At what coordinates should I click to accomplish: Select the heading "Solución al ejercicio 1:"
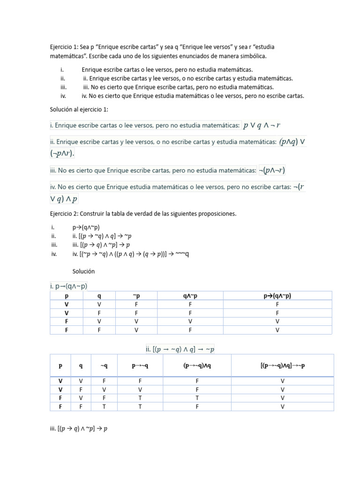pyautogui.click(x=79, y=109)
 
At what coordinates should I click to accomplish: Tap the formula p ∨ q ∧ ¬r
pyautogui.click(x=262, y=125)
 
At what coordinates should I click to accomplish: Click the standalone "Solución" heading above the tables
pyautogui.click(x=83, y=271)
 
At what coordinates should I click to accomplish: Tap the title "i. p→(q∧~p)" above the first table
pyautogui.click(x=68, y=286)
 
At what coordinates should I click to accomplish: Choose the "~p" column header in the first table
pyautogui.click(x=136, y=296)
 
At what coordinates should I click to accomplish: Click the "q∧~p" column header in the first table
pyautogui.click(x=190, y=296)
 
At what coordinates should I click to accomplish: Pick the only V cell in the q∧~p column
pyautogui.click(x=190, y=321)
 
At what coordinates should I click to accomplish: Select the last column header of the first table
pyautogui.click(x=277, y=296)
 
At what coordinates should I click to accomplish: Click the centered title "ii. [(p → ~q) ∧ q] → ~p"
pyautogui.click(x=180, y=349)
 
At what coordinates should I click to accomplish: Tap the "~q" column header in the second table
pyautogui.click(x=104, y=366)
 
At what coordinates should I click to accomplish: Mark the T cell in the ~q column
pyautogui.click(x=104, y=406)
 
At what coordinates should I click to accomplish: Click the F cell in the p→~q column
pyautogui.click(x=140, y=381)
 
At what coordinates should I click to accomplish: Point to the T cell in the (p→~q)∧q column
pyautogui.click(x=197, y=398)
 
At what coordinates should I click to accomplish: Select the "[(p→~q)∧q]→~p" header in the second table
pyautogui.click(x=282, y=366)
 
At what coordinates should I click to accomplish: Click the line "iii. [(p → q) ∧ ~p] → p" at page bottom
pyautogui.click(x=79, y=428)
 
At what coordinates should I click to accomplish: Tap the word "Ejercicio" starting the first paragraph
pyautogui.click(x=63, y=48)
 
